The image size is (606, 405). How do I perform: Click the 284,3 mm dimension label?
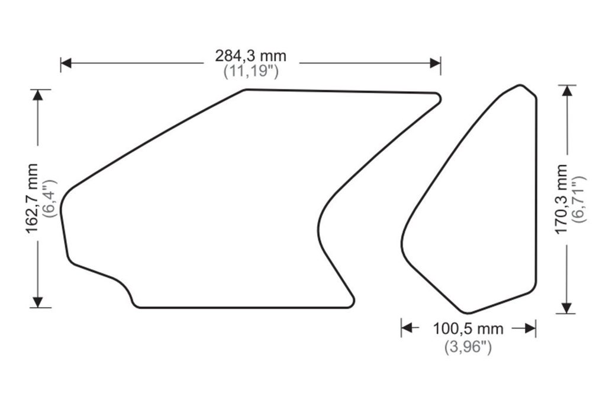(x=251, y=56)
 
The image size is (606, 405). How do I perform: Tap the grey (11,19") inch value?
(x=251, y=72)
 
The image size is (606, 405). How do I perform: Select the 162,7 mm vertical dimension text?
(x=32, y=199)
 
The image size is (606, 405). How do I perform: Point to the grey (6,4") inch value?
(x=51, y=199)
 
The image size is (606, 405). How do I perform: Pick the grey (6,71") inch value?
(x=579, y=199)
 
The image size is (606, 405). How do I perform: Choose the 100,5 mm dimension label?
(x=468, y=329)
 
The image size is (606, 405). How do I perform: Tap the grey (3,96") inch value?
(x=468, y=346)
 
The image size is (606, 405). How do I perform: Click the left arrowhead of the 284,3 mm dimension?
(x=66, y=63)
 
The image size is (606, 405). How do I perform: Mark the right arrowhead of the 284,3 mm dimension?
(x=435, y=63)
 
